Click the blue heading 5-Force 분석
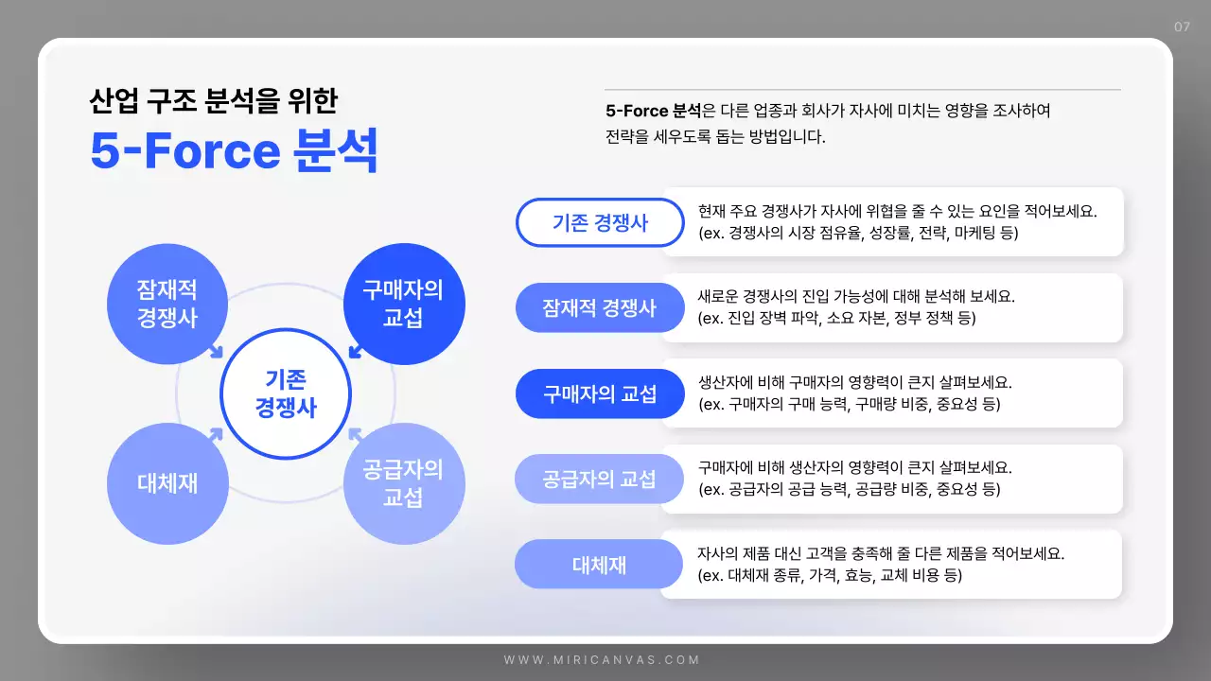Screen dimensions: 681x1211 coord(234,150)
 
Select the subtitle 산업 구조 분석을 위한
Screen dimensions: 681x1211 coord(213,99)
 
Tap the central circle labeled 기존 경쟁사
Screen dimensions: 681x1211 coord(286,393)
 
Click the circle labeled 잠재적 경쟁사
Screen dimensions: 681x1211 coord(167,303)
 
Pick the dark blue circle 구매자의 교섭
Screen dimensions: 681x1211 coord(403,303)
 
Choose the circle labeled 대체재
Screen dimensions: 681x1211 coord(167,482)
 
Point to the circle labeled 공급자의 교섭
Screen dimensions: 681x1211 coord(403,482)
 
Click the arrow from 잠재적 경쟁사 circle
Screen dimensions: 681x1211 coord(216,352)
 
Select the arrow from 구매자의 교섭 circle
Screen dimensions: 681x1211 coord(356,352)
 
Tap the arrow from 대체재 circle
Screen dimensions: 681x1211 coord(216,435)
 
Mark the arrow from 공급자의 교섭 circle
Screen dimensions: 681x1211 coord(356,435)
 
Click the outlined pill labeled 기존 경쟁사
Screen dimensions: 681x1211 coord(600,222)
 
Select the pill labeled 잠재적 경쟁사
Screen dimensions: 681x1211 coord(600,307)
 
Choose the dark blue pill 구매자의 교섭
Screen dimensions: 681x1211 coord(600,393)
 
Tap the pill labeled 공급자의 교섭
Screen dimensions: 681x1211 coord(600,479)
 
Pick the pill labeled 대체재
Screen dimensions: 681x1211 coord(600,565)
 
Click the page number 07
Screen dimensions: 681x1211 coord(1182,26)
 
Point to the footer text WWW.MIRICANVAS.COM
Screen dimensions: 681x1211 coord(602,660)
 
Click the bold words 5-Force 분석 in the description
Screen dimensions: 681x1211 coord(654,111)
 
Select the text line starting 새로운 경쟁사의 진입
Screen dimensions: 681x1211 coord(855,296)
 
